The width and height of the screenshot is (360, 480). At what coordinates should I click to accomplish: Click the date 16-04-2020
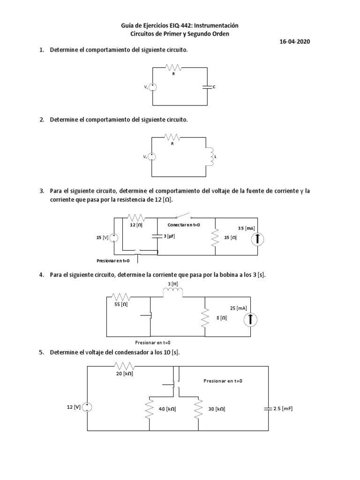coord(294,42)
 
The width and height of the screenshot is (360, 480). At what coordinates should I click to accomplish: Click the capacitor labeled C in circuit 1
coord(207,87)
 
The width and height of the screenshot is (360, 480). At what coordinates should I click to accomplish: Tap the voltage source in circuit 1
coord(153,87)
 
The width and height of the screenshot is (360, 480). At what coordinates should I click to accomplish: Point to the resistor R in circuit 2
coord(172,137)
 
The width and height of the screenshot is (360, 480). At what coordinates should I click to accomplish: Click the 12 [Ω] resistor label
coord(136,225)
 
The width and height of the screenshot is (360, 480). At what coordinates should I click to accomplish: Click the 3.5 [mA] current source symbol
coord(257,240)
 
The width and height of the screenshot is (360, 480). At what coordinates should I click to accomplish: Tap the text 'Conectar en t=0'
coord(183,225)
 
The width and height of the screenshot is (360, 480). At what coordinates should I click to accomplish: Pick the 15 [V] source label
coord(102,238)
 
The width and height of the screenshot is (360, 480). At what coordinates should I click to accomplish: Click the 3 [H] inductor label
coord(172,284)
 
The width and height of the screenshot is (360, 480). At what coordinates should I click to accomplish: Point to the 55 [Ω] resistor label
coord(121,305)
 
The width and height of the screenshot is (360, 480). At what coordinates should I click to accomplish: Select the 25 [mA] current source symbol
coord(251,319)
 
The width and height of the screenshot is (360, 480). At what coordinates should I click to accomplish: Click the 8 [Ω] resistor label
coord(222,318)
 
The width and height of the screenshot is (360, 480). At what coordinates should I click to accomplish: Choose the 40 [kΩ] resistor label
coord(167,409)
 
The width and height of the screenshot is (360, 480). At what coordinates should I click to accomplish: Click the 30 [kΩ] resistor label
coord(217,409)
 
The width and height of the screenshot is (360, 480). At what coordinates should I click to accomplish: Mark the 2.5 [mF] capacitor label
coord(283,409)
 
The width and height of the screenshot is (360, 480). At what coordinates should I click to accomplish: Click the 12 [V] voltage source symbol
coord(88,408)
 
